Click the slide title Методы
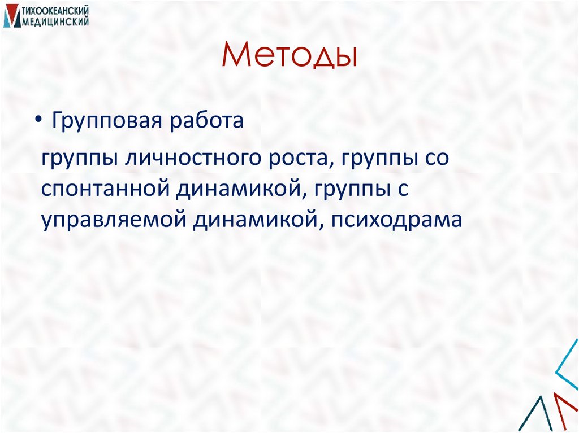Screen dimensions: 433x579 point(289,58)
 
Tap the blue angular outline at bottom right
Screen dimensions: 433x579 point(567,373)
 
